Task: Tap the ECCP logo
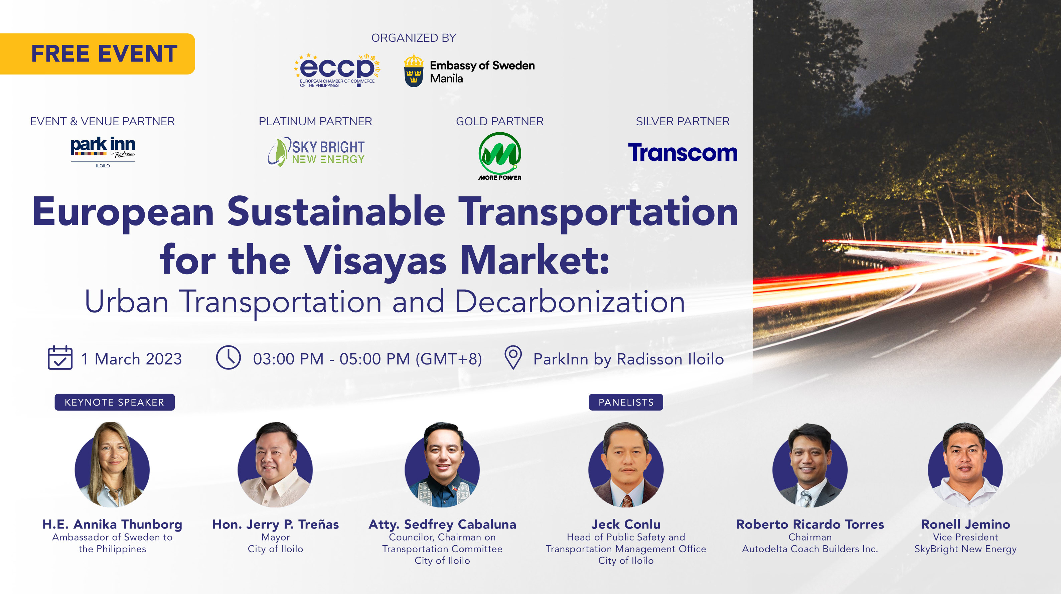(x=337, y=69)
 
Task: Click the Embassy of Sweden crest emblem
(x=414, y=70)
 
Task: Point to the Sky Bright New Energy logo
(x=316, y=152)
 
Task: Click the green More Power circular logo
(x=500, y=154)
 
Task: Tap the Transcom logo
(x=683, y=152)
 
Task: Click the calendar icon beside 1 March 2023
(x=60, y=357)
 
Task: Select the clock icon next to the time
(x=228, y=357)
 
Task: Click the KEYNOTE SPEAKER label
(x=115, y=402)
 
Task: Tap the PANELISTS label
(x=626, y=402)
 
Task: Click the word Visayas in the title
(x=375, y=260)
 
